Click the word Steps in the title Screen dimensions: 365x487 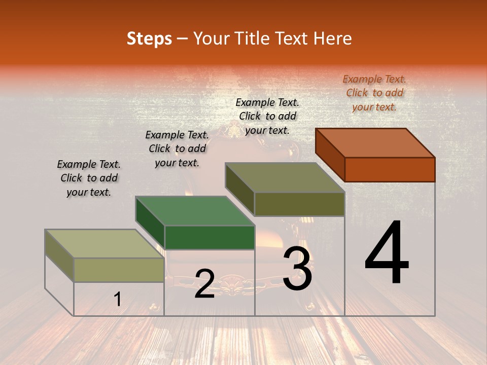point(149,39)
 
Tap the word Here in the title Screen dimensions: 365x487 point(333,39)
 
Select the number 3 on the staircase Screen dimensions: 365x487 point(297,269)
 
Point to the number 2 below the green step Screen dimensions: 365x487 point(204,284)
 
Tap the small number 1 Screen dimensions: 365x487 point(118,300)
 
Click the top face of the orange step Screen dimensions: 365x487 point(375,143)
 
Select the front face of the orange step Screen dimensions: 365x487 point(390,169)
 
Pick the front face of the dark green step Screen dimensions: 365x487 point(210,237)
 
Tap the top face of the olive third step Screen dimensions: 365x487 point(285,177)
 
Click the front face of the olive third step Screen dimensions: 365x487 point(299,204)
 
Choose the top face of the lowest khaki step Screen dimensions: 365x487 point(104,244)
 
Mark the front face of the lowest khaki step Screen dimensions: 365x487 point(119,270)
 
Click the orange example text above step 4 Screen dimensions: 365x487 point(374,93)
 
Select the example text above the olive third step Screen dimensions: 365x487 point(267,116)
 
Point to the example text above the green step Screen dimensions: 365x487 point(177,149)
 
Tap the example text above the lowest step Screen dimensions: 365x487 point(89,178)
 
